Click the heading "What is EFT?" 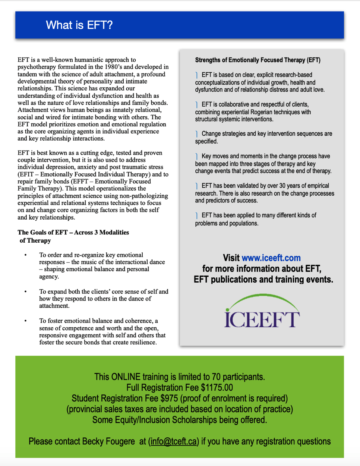pyautogui.click(x=79, y=25)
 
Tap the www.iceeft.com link pyautogui.click(x=271, y=258)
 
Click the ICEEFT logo pyautogui.click(x=262, y=312)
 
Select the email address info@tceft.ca pyautogui.click(x=173, y=441)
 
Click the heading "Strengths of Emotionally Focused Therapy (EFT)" pyautogui.click(x=258, y=60)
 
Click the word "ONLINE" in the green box pyautogui.click(x=126, y=377)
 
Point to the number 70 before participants pyautogui.click(x=216, y=377)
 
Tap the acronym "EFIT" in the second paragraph pyautogui.click(x=27, y=174)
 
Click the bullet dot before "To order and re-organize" pyautogui.click(x=26, y=255)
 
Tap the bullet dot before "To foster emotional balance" pyautogui.click(x=26, y=321)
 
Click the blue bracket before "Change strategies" pyautogui.click(x=197, y=134)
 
